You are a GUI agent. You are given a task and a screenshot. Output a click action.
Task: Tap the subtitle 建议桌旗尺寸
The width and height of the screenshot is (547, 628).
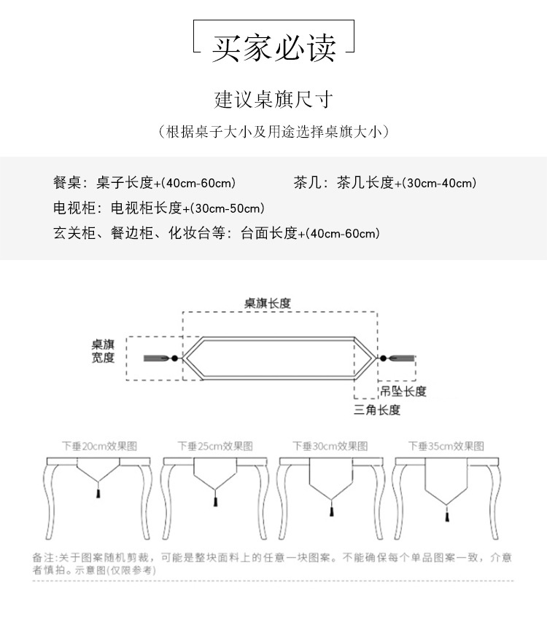tap(273, 98)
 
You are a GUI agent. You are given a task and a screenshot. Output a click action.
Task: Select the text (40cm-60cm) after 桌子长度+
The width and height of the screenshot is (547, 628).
tap(199, 183)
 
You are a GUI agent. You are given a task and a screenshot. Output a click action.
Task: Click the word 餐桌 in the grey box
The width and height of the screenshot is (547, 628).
tap(65, 183)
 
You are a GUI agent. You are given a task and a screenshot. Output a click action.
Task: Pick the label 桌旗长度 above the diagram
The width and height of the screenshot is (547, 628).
tap(268, 303)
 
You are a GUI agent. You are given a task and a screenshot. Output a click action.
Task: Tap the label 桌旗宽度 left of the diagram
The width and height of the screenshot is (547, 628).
tap(103, 350)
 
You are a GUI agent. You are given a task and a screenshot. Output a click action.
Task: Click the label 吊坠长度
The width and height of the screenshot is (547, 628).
tap(403, 391)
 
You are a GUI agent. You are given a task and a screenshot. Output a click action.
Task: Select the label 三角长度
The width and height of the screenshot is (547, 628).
tap(377, 410)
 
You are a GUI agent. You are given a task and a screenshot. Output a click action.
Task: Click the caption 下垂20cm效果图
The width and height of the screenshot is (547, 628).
tap(99, 446)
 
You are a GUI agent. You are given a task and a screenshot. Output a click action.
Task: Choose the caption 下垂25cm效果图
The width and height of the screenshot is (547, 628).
tap(215, 446)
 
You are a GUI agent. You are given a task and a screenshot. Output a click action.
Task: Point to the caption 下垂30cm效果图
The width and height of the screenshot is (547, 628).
tap(330, 446)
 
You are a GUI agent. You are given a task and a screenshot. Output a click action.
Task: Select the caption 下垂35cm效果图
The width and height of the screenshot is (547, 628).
tap(446, 446)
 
